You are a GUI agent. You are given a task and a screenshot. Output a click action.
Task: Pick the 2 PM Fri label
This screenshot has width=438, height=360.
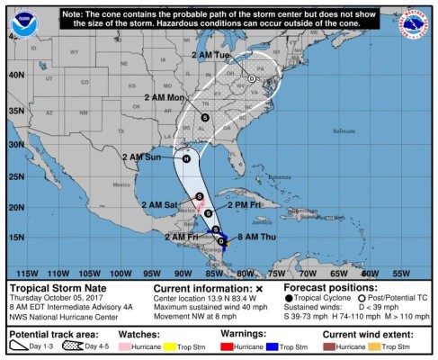245,205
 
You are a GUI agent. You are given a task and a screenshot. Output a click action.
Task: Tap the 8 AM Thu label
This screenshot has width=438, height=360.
255,236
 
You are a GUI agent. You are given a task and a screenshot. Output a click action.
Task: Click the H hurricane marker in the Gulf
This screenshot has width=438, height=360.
186,158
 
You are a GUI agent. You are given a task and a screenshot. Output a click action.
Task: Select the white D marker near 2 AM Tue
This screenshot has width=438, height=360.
252,79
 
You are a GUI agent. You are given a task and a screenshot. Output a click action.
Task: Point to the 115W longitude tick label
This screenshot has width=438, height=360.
28,272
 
